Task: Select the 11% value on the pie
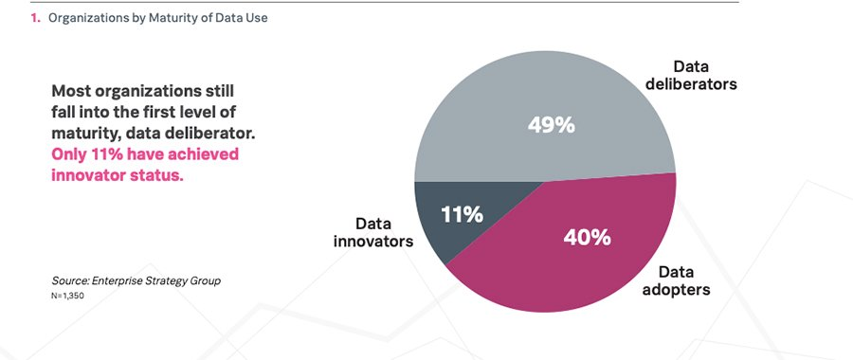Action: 462,214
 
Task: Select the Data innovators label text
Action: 373,232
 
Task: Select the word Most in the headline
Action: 73,92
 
